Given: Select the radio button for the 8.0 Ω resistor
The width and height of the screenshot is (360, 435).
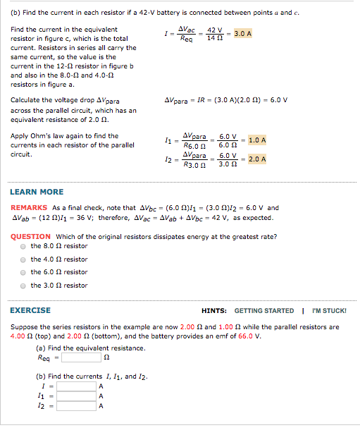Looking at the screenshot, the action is click(23, 247).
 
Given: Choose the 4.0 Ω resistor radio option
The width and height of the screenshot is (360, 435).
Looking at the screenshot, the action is click(23, 259).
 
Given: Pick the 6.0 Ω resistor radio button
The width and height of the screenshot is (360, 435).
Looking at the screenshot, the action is click(23, 272).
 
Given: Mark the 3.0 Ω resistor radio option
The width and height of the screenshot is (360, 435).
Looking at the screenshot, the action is click(23, 286).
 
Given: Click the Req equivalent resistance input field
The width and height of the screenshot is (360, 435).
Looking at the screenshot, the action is click(81, 357).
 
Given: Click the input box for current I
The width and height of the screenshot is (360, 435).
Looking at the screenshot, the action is click(77, 386).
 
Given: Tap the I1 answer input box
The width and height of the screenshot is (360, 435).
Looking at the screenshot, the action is click(77, 396).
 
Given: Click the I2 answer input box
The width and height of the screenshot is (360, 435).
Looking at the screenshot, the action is click(77, 406).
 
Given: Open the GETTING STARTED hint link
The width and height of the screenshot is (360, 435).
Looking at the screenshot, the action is click(264, 311).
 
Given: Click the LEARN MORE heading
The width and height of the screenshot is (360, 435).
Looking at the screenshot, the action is click(37, 192).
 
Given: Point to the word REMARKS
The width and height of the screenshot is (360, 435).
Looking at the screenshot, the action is click(29, 208).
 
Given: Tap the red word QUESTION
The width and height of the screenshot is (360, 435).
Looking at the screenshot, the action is click(30, 236).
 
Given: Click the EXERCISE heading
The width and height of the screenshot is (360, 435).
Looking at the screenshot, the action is click(30, 310).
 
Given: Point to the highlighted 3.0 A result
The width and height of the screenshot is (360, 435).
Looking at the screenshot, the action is click(243, 33).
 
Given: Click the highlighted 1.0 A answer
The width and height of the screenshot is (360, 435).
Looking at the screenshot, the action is click(257, 140).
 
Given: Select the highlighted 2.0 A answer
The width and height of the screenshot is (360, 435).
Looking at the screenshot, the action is click(257, 159).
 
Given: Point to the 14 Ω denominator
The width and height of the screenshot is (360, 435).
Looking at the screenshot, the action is click(215, 38).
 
